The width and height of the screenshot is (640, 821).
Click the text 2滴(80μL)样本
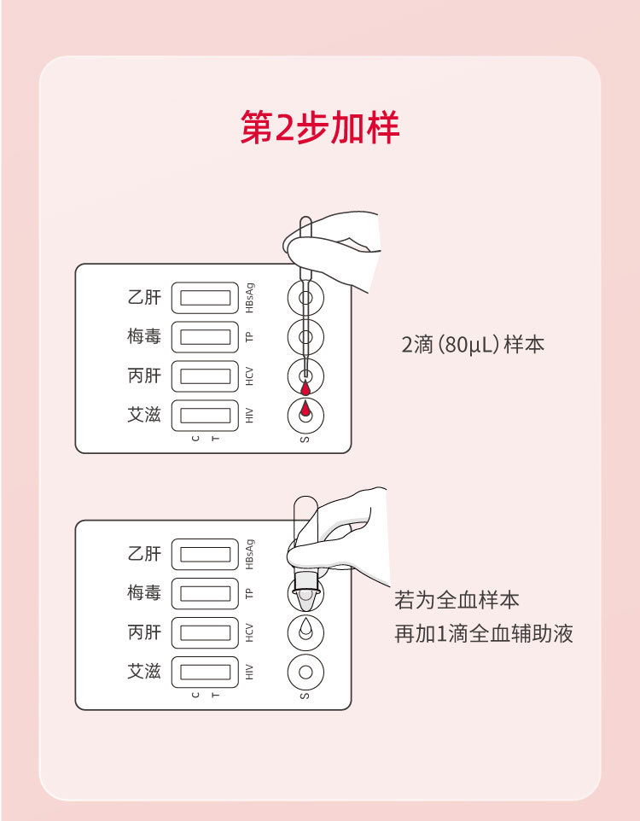pyautogui.click(x=473, y=346)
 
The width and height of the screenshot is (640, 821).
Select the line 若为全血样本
pyautogui.click(x=457, y=600)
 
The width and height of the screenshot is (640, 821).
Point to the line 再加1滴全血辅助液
pyautogui.click(x=483, y=634)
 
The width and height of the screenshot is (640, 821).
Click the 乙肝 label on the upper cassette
pyautogui.click(x=144, y=298)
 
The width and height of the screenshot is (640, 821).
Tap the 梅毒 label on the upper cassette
pyautogui.click(x=144, y=336)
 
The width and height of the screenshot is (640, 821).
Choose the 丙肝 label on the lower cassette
pyautogui.click(x=144, y=632)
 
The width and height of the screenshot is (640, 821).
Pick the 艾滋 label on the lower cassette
pyautogui.click(x=144, y=671)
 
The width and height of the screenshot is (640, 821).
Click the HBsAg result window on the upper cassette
pyautogui.click(x=205, y=298)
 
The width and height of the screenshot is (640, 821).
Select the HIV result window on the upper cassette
pyautogui.click(x=205, y=416)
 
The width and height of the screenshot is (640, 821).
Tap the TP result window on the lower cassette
pyautogui.click(x=205, y=593)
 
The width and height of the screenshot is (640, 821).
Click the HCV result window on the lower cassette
pyautogui.click(x=205, y=632)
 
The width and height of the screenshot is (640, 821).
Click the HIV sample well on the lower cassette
pyautogui.click(x=305, y=672)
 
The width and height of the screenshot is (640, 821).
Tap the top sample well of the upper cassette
pyautogui.click(x=305, y=298)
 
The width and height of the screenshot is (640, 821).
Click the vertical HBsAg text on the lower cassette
pyautogui.click(x=249, y=554)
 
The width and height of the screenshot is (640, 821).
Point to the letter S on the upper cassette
pyautogui.click(x=305, y=440)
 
